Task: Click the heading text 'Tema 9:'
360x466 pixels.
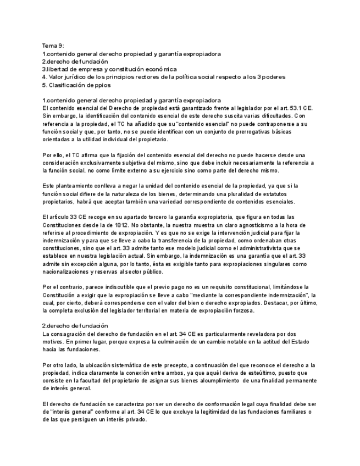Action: coord(53,45)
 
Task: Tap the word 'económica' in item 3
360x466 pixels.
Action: coord(159,69)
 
